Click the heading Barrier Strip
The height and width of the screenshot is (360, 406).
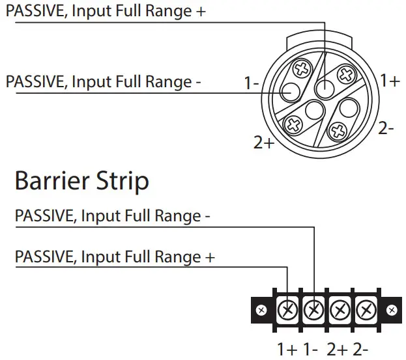[81, 180]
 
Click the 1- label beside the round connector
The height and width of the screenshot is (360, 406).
[252, 83]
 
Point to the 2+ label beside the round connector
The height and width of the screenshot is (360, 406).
[264, 142]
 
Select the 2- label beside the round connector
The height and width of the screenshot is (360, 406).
[386, 128]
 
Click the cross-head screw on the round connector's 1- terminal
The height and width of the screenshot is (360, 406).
[302, 68]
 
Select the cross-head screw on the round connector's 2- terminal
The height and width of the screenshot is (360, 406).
[338, 132]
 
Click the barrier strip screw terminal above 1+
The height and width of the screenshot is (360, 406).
[287, 309]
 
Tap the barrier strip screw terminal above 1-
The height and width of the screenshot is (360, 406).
[313, 309]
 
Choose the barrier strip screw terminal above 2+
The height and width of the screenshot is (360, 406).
[339, 309]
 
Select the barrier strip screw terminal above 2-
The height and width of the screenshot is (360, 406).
[364, 309]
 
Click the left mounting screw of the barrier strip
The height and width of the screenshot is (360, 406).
[261, 310]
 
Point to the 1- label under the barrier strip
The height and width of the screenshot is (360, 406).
[312, 349]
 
